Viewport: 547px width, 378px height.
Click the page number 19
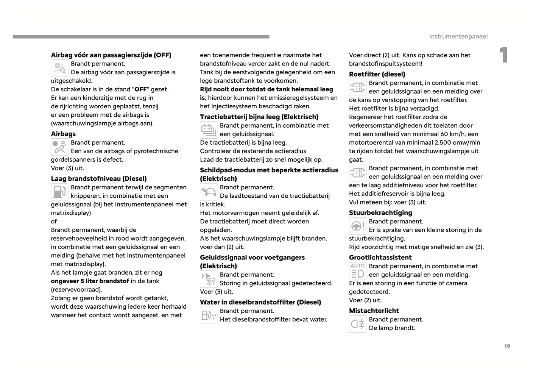pos(507,346)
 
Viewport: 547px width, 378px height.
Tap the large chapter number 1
pos(503,55)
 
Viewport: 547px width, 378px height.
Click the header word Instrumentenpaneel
pos(458,36)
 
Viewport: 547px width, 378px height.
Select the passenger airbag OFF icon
pos(59,68)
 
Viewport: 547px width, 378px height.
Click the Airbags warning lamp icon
pos(59,147)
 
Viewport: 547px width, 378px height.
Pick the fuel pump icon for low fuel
pos(59,192)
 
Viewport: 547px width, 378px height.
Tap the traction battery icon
pos(208,130)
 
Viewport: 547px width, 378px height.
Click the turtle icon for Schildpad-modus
pos(208,192)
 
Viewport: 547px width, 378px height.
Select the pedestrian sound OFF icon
pos(208,279)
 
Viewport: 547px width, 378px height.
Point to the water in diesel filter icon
pos(208,315)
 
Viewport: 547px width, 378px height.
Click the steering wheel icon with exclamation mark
pos(357,226)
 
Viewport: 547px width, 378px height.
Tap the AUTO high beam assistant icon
pos(357,270)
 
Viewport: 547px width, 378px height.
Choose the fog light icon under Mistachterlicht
pos(357,324)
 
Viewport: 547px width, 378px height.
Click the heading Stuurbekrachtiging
pos(380,213)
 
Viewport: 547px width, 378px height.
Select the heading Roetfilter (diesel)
pos(377,74)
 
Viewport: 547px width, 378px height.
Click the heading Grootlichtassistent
pos(380,258)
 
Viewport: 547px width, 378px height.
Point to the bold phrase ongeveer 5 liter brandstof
pos(90,281)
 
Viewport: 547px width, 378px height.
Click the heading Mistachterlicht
pos(374,311)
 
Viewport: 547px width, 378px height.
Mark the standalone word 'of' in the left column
pos(54,222)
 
